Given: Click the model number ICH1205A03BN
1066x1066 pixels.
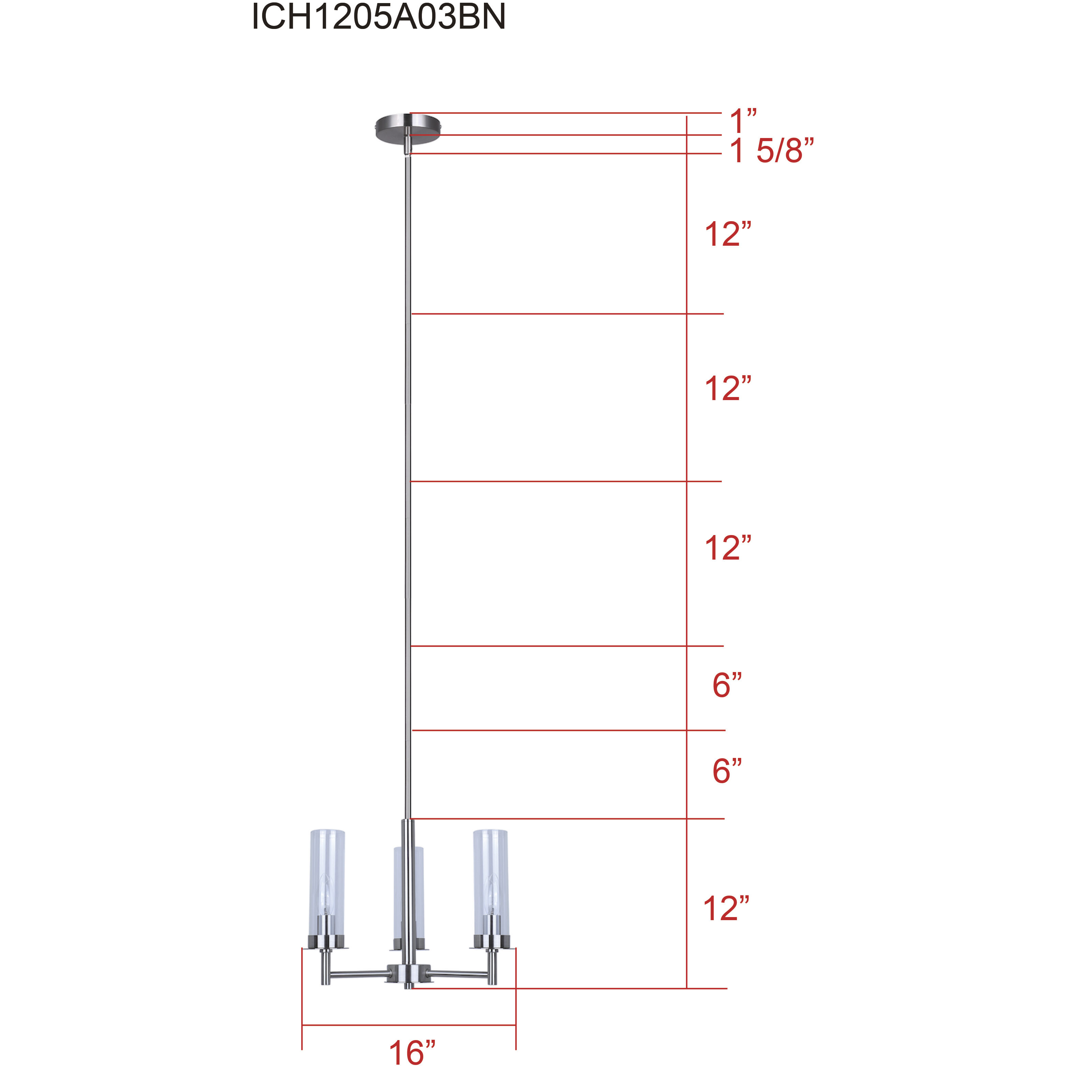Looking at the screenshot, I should pyautogui.click(x=379, y=17).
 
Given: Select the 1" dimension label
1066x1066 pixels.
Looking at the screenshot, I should pyautogui.click(x=742, y=121).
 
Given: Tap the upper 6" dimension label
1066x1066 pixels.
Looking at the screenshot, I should pyautogui.click(x=727, y=685).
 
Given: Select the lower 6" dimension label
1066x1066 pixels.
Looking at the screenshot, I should pyautogui.click(x=727, y=771).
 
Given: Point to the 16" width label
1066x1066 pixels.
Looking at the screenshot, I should pyautogui.click(x=412, y=1052).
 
